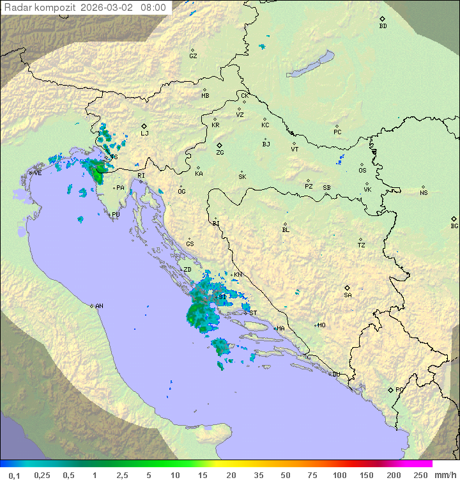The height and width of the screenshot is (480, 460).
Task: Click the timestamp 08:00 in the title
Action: point(153,8)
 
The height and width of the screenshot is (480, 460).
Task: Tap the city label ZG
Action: point(220,153)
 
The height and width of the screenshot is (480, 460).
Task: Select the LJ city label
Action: point(144,133)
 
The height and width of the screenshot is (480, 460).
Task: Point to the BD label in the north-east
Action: point(383,26)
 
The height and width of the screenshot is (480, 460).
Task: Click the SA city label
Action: point(348,295)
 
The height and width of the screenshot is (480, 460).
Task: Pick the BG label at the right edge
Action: point(454,226)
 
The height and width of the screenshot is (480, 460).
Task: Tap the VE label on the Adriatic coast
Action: point(38,173)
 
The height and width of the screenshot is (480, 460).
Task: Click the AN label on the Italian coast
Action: point(99,306)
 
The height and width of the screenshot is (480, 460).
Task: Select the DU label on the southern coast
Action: point(335,375)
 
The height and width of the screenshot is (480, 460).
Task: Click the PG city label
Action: point(399,389)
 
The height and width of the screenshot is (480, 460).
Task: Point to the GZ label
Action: point(193,56)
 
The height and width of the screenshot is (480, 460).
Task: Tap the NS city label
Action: point(424,192)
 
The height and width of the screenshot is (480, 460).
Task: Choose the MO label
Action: point(321,325)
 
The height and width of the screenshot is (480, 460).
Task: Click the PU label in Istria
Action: point(116,215)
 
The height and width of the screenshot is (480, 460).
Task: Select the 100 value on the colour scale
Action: point(339,475)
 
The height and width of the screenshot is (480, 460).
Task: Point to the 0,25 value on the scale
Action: point(42,475)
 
